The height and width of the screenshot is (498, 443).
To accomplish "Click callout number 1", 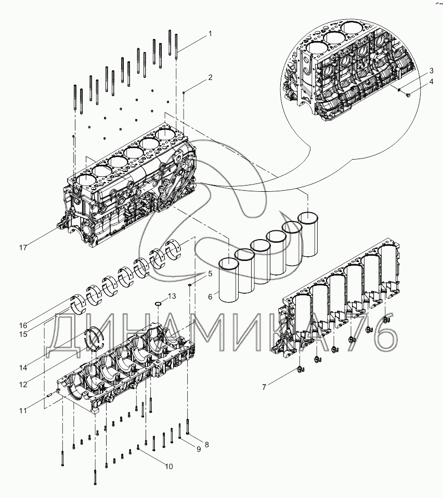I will pos(210,34).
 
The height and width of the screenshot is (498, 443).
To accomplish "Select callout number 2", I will pos(210,78).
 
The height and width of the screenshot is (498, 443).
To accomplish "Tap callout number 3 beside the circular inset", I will pos(432,71).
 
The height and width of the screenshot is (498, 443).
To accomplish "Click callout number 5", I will pos(210,273).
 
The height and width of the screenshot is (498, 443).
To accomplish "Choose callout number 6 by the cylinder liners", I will pos(210,296).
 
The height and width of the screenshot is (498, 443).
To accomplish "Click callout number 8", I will pos(206,444).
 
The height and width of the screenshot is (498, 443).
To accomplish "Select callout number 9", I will pos(198,449).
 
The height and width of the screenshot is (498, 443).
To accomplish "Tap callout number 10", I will pos(168,467).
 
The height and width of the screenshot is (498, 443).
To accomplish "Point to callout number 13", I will pos(172,296).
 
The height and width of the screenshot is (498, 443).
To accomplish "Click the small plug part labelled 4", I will pos(407,95).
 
